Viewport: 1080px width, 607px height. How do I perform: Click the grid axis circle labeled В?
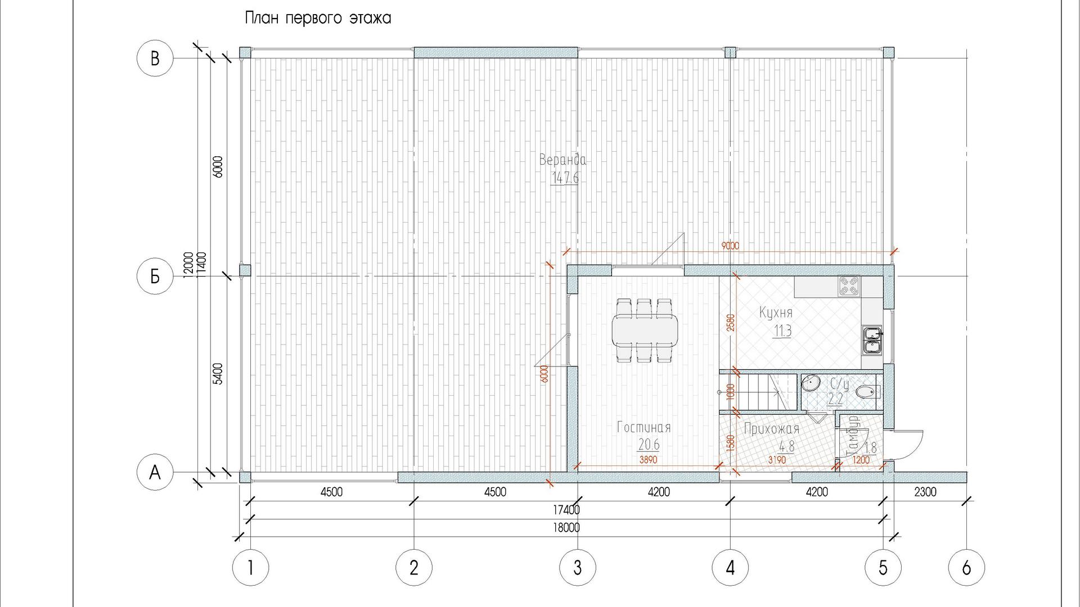click(x=155, y=58)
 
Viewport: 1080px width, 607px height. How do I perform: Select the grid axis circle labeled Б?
click(x=155, y=276)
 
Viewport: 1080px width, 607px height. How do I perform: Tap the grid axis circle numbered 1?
click(x=250, y=568)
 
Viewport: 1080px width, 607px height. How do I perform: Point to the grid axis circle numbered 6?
click(x=966, y=568)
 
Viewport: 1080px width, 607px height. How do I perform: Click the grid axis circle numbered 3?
click(x=578, y=568)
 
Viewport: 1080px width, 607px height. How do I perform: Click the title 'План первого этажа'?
click(x=318, y=19)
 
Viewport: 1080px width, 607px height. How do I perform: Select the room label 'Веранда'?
click(x=562, y=160)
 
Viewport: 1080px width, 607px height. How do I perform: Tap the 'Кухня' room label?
click(x=776, y=312)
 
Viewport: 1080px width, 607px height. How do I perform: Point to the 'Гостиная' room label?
click(x=644, y=427)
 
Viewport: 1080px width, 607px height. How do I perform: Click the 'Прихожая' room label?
click(x=772, y=429)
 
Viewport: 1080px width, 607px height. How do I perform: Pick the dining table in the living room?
click(x=645, y=331)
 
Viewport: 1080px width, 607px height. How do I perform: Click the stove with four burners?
click(x=849, y=287)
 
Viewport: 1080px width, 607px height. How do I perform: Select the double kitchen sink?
click(x=872, y=341)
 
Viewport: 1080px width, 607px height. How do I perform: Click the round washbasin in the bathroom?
click(x=811, y=383)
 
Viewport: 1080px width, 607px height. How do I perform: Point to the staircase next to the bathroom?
click(x=759, y=391)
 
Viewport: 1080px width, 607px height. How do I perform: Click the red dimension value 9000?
click(x=730, y=246)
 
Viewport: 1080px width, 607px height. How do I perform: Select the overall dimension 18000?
click(x=566, y=528)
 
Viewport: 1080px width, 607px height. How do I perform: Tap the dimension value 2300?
click(x=925, y=492)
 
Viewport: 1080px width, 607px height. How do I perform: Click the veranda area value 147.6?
click(x=565, y=178)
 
